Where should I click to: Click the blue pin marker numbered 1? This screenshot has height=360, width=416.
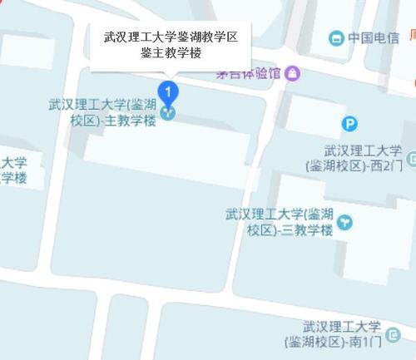point(169,90)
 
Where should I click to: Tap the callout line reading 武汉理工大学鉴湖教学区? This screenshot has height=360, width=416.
point(171,37)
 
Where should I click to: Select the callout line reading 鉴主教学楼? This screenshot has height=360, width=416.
point(171,53)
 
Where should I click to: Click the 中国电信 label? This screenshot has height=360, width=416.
point(374,38)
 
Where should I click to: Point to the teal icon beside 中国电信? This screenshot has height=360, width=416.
point(336,38)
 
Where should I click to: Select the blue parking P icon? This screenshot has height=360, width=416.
point(351,125)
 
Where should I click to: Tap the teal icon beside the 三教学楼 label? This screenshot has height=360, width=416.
point(344,222)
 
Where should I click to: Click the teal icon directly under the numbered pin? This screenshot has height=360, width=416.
point(169,112)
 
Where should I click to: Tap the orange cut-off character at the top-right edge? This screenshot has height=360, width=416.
point(410,38)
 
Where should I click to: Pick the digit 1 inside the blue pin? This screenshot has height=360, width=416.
point(169,88)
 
